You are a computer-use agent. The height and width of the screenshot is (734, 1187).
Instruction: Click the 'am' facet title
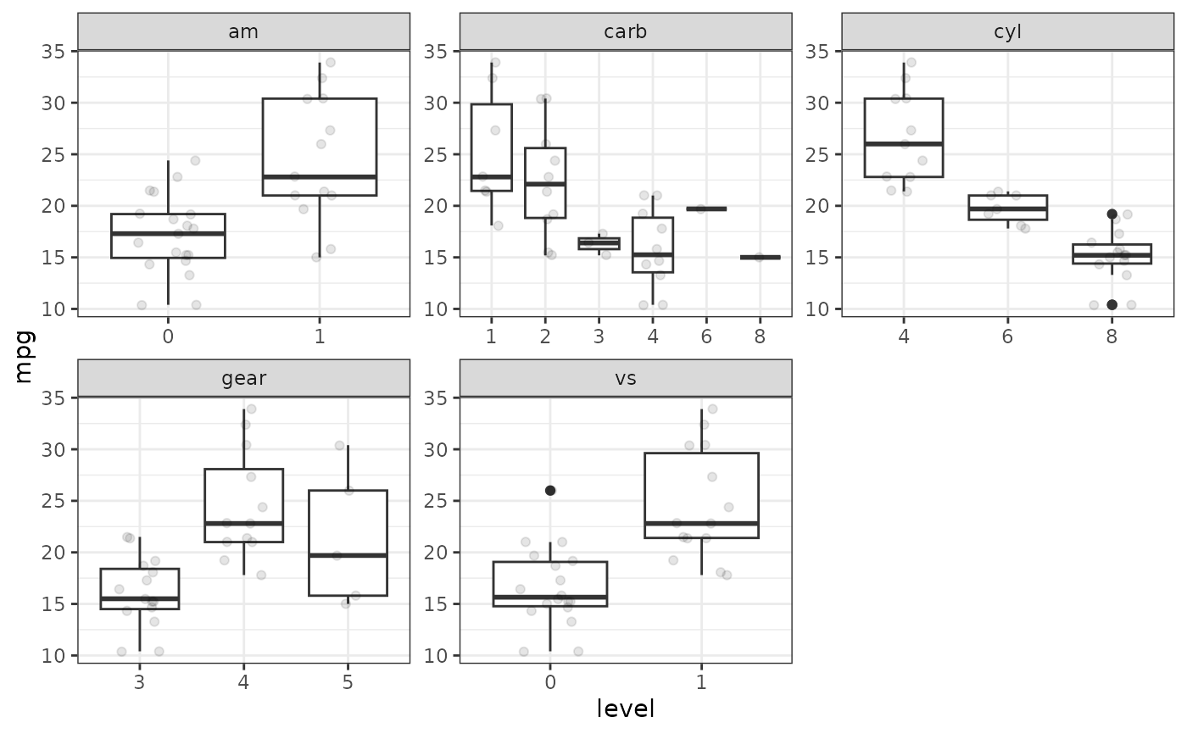243,32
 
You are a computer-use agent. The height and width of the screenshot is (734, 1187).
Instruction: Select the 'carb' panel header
626,32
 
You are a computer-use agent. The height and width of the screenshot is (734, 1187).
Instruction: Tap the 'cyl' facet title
1007,32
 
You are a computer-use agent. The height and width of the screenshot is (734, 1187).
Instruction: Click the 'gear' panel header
243,378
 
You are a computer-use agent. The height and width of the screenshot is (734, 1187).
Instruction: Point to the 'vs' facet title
626,378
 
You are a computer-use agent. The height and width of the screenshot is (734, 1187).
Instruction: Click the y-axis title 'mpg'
24,357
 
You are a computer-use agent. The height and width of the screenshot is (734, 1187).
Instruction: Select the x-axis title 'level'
626,709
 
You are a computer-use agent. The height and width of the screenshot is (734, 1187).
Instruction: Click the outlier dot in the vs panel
550,490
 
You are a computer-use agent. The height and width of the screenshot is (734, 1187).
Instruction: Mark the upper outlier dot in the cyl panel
1112,214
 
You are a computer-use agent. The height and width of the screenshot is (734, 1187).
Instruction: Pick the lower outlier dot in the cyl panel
1112,304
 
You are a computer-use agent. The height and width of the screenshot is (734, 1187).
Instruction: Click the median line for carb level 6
706,209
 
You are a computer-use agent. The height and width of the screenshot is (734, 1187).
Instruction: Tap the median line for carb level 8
760,257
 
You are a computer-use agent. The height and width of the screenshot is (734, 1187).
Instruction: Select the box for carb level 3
599,243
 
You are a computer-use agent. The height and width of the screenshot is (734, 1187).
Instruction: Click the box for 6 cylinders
1007,208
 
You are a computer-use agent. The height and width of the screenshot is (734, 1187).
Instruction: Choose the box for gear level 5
348,542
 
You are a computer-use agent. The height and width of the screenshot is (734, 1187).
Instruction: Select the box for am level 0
168,236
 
